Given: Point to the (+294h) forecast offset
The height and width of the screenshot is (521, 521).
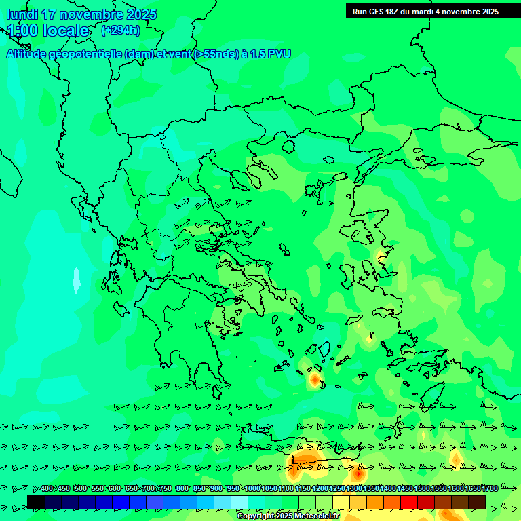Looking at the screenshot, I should [x=121, y=30].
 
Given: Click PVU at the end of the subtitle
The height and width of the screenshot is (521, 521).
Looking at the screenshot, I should [x=277, y=54].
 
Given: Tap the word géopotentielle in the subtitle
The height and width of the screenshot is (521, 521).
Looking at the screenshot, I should [x=86, y=54].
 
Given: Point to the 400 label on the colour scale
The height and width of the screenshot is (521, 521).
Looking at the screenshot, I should [x=46, y=488].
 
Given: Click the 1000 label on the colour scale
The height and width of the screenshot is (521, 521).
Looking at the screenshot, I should [x=252, y=488].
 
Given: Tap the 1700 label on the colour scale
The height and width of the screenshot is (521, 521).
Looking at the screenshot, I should [x=490, y=488].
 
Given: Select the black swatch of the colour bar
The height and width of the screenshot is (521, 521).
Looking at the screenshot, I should [x=36, y=502].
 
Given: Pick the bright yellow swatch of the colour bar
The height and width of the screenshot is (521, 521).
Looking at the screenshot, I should [x=341, y=502].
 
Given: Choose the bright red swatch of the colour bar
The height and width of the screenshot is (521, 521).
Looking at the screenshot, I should [x=409, y=502].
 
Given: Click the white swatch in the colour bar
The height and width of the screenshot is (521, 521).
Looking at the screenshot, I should [x=239, y=502].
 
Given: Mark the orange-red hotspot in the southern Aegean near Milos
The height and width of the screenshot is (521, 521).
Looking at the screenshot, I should [x=315, y=379].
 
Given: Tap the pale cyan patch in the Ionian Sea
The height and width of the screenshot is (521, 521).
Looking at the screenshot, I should [x=77, y=279].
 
